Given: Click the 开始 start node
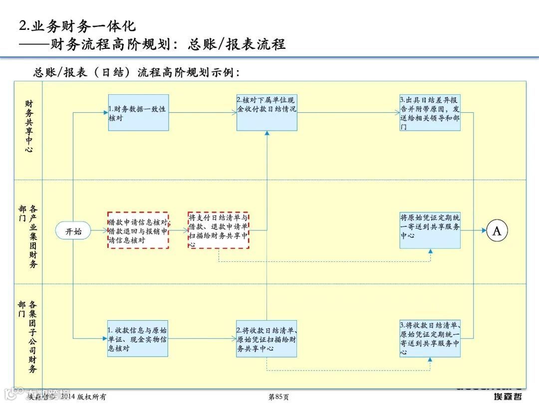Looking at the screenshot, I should pos(73,231).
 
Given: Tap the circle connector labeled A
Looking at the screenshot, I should pos(497,231).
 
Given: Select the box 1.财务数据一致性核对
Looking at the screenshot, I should pos(138,113).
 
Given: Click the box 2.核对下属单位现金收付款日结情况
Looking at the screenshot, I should pos(267,113).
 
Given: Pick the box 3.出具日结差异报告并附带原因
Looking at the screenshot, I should pos(430,113).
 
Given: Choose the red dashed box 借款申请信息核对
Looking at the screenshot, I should pos(138,230).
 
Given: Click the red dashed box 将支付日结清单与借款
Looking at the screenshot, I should pos(219,230).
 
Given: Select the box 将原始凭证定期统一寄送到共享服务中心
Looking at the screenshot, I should pos(430,230).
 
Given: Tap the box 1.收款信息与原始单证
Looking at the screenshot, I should pos(138,339).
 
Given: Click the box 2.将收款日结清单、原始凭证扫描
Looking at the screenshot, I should pos(267,339).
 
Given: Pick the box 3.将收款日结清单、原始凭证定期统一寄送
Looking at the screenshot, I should pos(430,339).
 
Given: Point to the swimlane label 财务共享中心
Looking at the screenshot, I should pos(29,126).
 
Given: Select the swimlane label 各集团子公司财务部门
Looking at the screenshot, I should pos(28,337).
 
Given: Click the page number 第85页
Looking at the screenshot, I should pos(278,397).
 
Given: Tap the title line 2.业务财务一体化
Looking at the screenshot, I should pos(77,26).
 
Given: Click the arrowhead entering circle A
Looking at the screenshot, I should pos(484,230).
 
